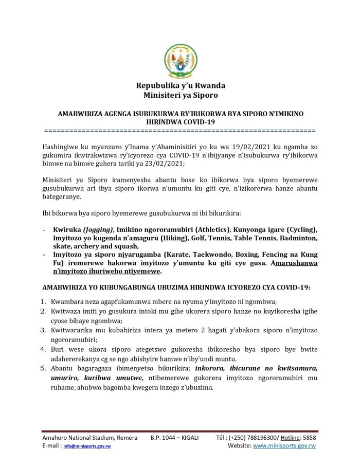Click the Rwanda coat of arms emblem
pos(180,61)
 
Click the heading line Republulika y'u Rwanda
pos(180,85)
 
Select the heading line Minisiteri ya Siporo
pos(180,95)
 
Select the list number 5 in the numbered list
pos(45,368)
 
